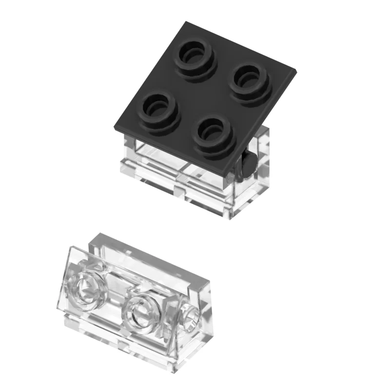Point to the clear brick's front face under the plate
180,175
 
